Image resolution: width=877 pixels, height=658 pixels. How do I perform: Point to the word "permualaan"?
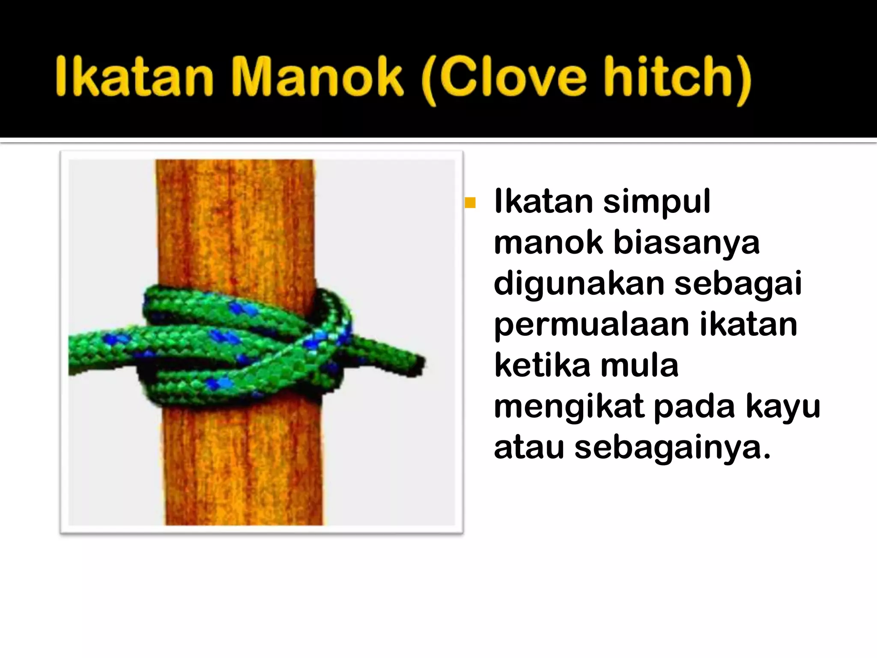coord(591,325)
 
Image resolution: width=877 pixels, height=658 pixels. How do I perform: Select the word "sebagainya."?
coord(672,448)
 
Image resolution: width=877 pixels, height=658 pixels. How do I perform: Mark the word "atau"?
coord(528,448)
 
